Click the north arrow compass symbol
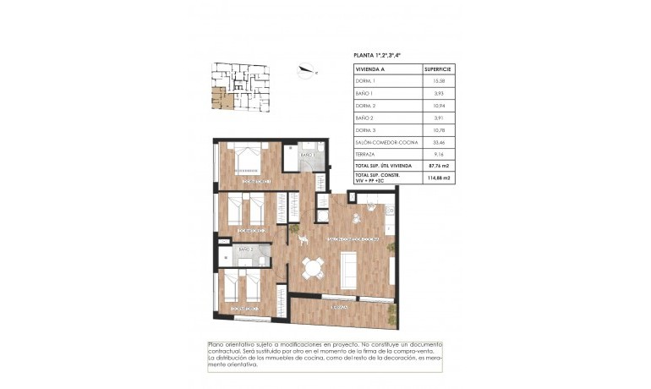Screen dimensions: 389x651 (307, 70)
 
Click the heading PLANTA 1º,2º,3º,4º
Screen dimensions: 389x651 (377, 55)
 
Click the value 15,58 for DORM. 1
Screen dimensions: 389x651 (438, 80)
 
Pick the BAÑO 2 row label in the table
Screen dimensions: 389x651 (364, 118)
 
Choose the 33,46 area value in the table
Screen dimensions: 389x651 (438, 143)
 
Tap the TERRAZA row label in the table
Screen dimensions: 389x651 (365, 155)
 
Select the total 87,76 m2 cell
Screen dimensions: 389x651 (438, 167)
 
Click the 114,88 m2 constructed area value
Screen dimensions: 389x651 (438, 178)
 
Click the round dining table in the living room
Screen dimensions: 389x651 (315, 268)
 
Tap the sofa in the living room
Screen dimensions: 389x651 (348, 269)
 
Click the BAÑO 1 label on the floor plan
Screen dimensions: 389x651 (306, 156)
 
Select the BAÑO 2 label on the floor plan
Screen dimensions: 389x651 (245, 250)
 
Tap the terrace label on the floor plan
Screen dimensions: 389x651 (340, 306)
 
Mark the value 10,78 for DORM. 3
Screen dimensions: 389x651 (438, 130)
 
